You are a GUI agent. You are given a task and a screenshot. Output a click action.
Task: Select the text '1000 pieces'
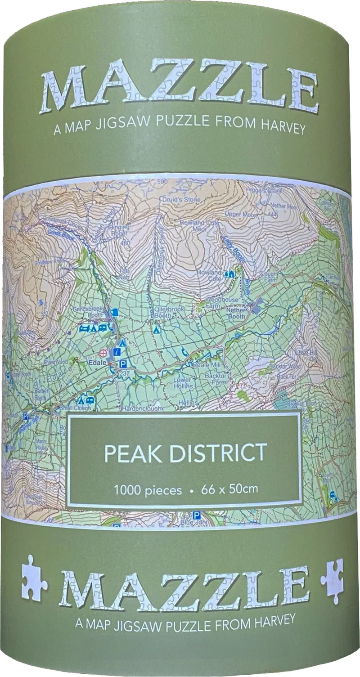pos(148,489)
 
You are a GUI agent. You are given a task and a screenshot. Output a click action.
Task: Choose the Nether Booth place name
pos(236,313)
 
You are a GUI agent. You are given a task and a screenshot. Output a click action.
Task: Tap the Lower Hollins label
pos(183,383)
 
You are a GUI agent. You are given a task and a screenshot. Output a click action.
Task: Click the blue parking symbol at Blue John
pos(196,515)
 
